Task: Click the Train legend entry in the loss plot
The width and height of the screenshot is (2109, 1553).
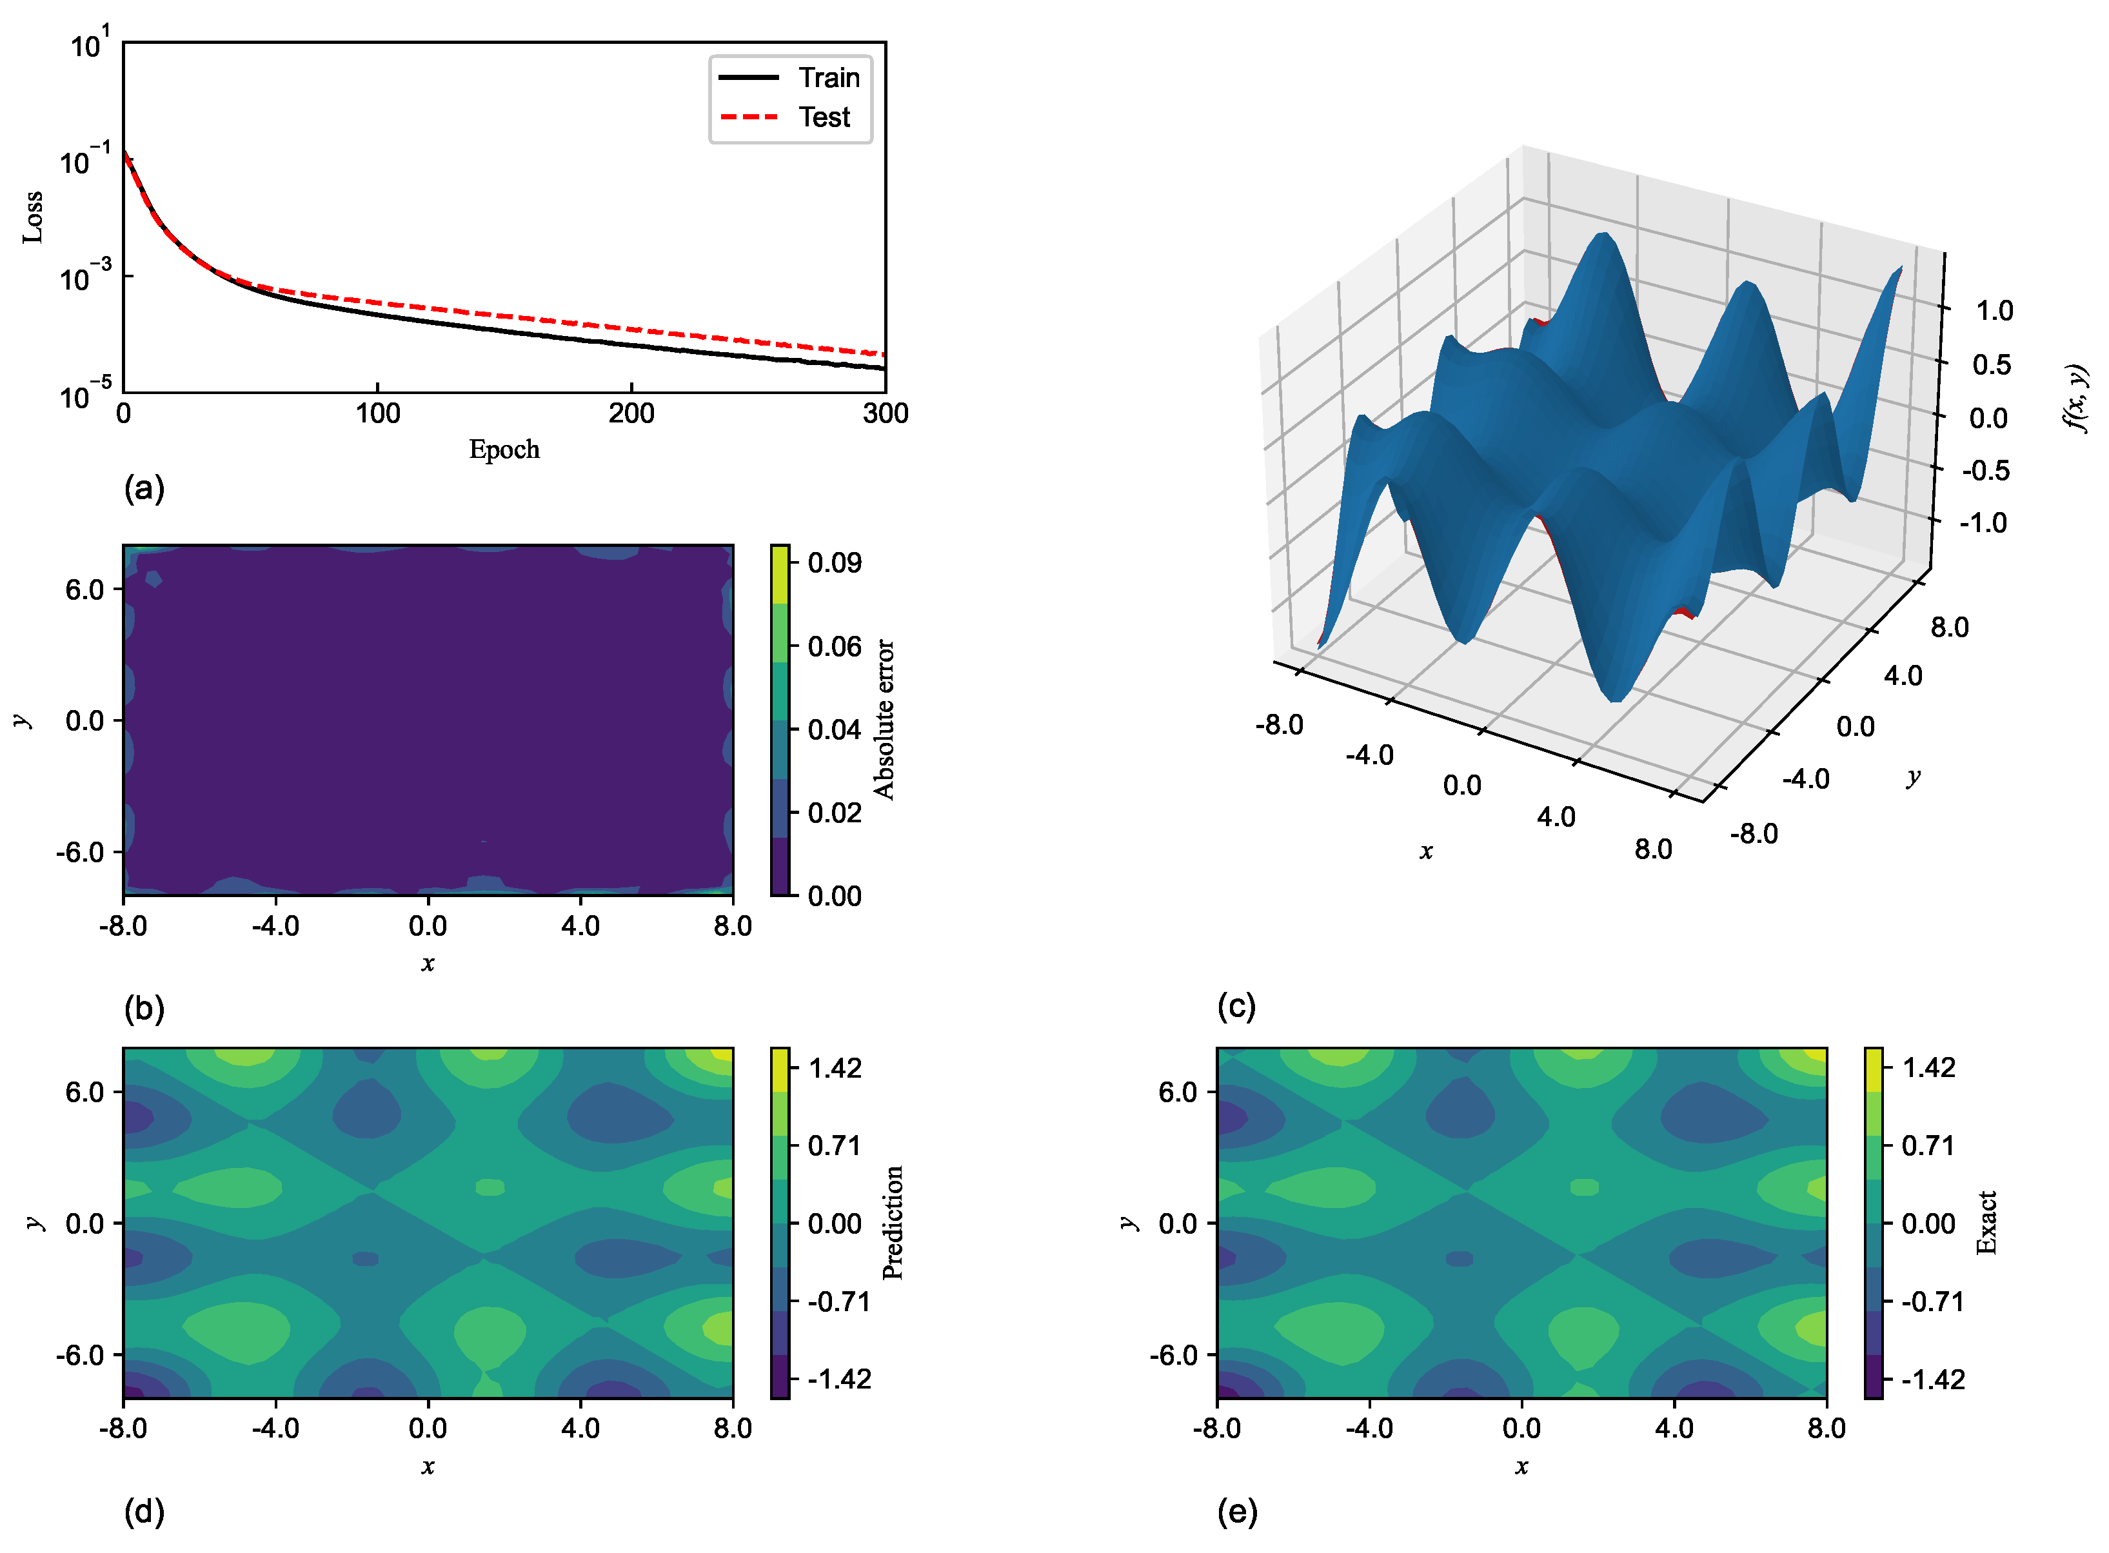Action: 828,77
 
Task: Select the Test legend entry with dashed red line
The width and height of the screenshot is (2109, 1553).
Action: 824,117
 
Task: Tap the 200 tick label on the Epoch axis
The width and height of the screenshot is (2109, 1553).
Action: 631,413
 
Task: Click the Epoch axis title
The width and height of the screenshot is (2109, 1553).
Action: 504,450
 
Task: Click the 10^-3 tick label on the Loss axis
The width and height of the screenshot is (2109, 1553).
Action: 84,277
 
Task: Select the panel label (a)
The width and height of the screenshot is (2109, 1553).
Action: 144,488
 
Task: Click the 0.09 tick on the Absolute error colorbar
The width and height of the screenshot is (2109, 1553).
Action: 834,562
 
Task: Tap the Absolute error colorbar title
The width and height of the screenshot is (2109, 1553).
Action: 884,719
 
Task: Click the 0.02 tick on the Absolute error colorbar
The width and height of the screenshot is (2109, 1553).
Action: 834,812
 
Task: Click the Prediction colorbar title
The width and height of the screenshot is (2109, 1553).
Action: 893,1222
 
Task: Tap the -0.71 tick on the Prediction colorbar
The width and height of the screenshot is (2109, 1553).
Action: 838,1302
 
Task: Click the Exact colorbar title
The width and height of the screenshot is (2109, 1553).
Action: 1986,1222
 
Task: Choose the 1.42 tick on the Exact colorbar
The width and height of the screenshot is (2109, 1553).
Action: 1928,1068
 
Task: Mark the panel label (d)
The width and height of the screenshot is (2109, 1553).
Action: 144,1512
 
